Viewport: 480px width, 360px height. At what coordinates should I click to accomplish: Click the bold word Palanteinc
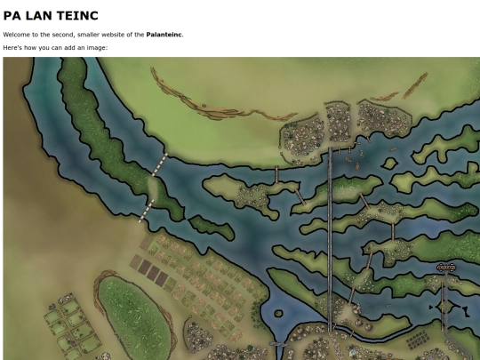click(164, 35)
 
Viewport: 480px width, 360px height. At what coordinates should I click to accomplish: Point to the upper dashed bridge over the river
click(161, 163)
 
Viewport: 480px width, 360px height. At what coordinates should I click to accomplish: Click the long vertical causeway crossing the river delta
click(330, 240)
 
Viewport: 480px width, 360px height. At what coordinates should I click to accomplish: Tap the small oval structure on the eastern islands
click(447, 267)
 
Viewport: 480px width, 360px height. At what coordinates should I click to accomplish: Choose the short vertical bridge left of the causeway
click(277, 174)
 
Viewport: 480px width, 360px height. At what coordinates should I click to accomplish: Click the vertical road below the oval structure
click(444, 307)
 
